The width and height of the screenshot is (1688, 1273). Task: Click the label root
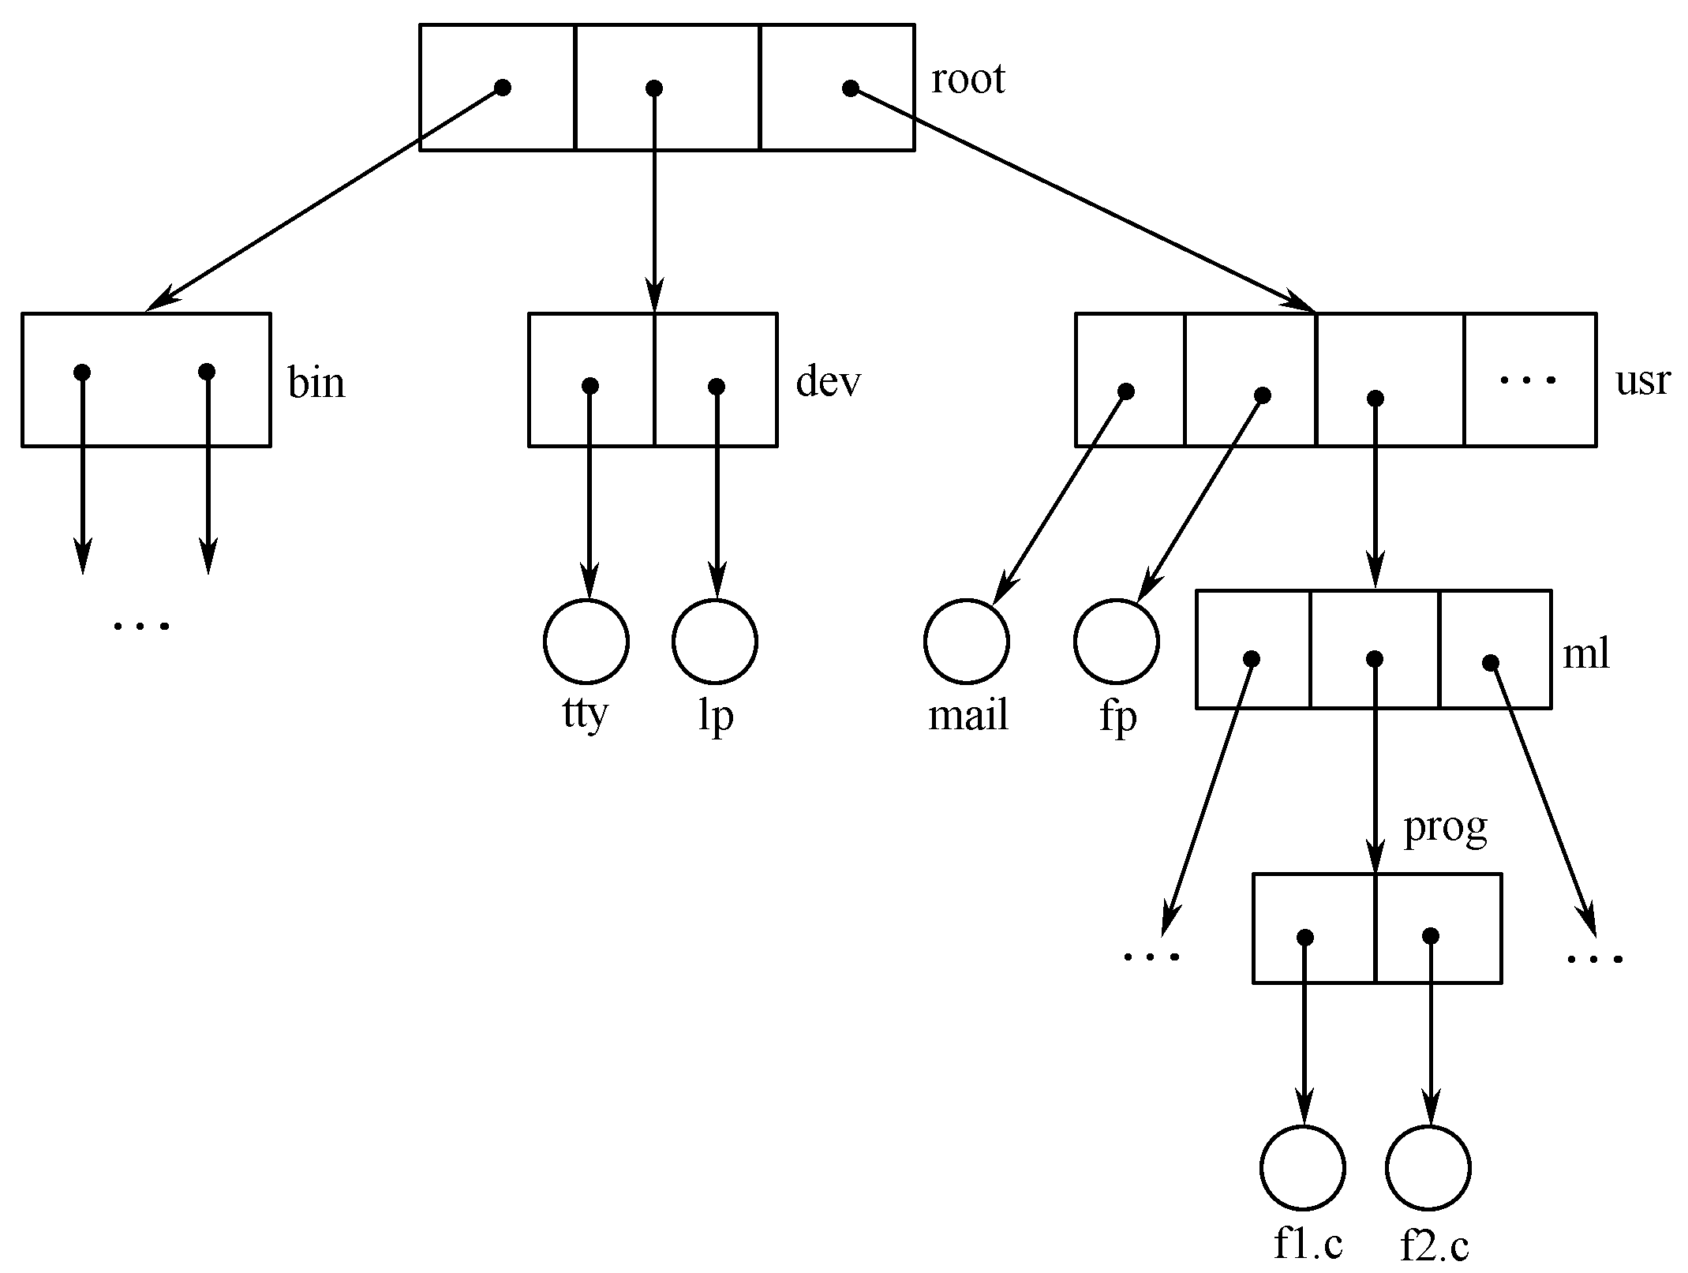968,80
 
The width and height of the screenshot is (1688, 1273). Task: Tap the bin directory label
316,384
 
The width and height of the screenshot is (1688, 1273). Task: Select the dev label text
828,382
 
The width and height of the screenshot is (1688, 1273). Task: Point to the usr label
1642,381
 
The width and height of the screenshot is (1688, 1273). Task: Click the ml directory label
1585,655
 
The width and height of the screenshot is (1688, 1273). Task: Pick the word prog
1445,829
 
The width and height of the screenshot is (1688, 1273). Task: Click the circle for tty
586,641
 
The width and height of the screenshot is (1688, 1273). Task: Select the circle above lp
715,641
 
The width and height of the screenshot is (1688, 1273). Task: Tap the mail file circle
966,641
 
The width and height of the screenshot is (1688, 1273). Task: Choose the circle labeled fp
1117,641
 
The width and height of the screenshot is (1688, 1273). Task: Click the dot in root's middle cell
653,88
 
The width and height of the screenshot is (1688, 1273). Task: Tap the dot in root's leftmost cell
502,87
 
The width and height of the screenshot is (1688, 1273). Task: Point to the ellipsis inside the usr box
1528,380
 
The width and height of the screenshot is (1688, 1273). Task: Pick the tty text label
585,714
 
